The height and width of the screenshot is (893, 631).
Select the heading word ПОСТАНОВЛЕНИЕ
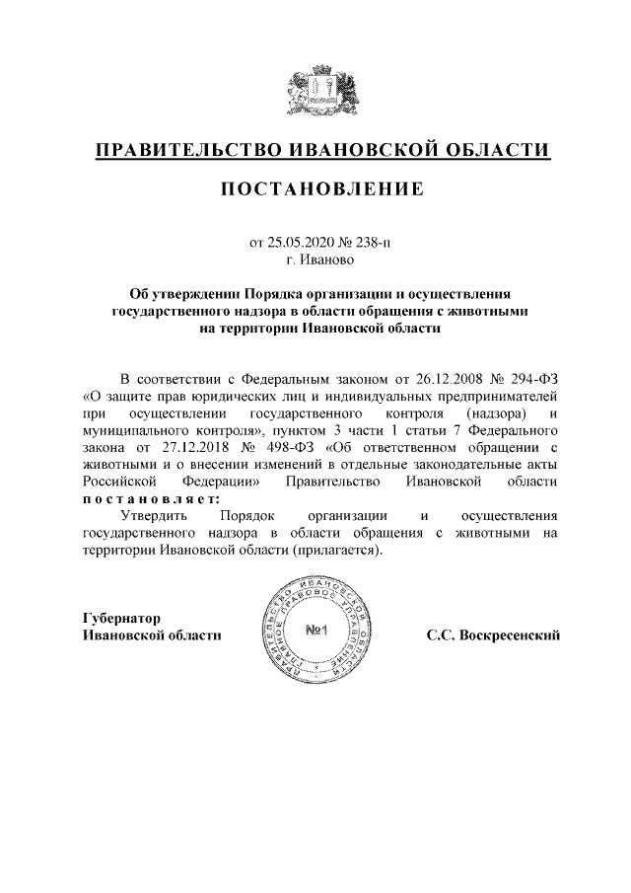point(315,187)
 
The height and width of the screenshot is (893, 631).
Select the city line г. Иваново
point(315,260)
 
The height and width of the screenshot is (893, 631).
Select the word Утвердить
point(154,515)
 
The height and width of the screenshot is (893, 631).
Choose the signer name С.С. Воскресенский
point(493,635)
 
